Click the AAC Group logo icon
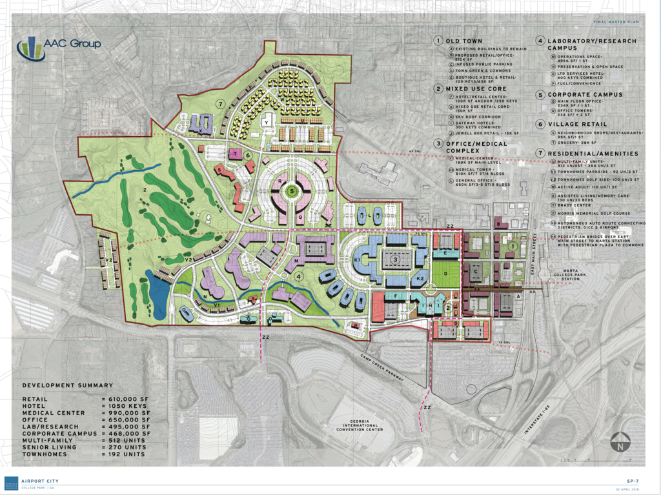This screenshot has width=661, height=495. (x=31, y=48)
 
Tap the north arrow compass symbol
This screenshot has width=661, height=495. (x=620, y=443)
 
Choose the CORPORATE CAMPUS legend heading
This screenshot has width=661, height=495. (x=585, y=94)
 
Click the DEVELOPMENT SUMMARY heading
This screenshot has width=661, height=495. (x=67, y=385)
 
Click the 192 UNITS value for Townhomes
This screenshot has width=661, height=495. (x=123, y=454)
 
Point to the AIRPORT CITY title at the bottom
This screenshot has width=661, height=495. (x=40, y=481)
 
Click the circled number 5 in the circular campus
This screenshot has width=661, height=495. (x=292, y=191)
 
